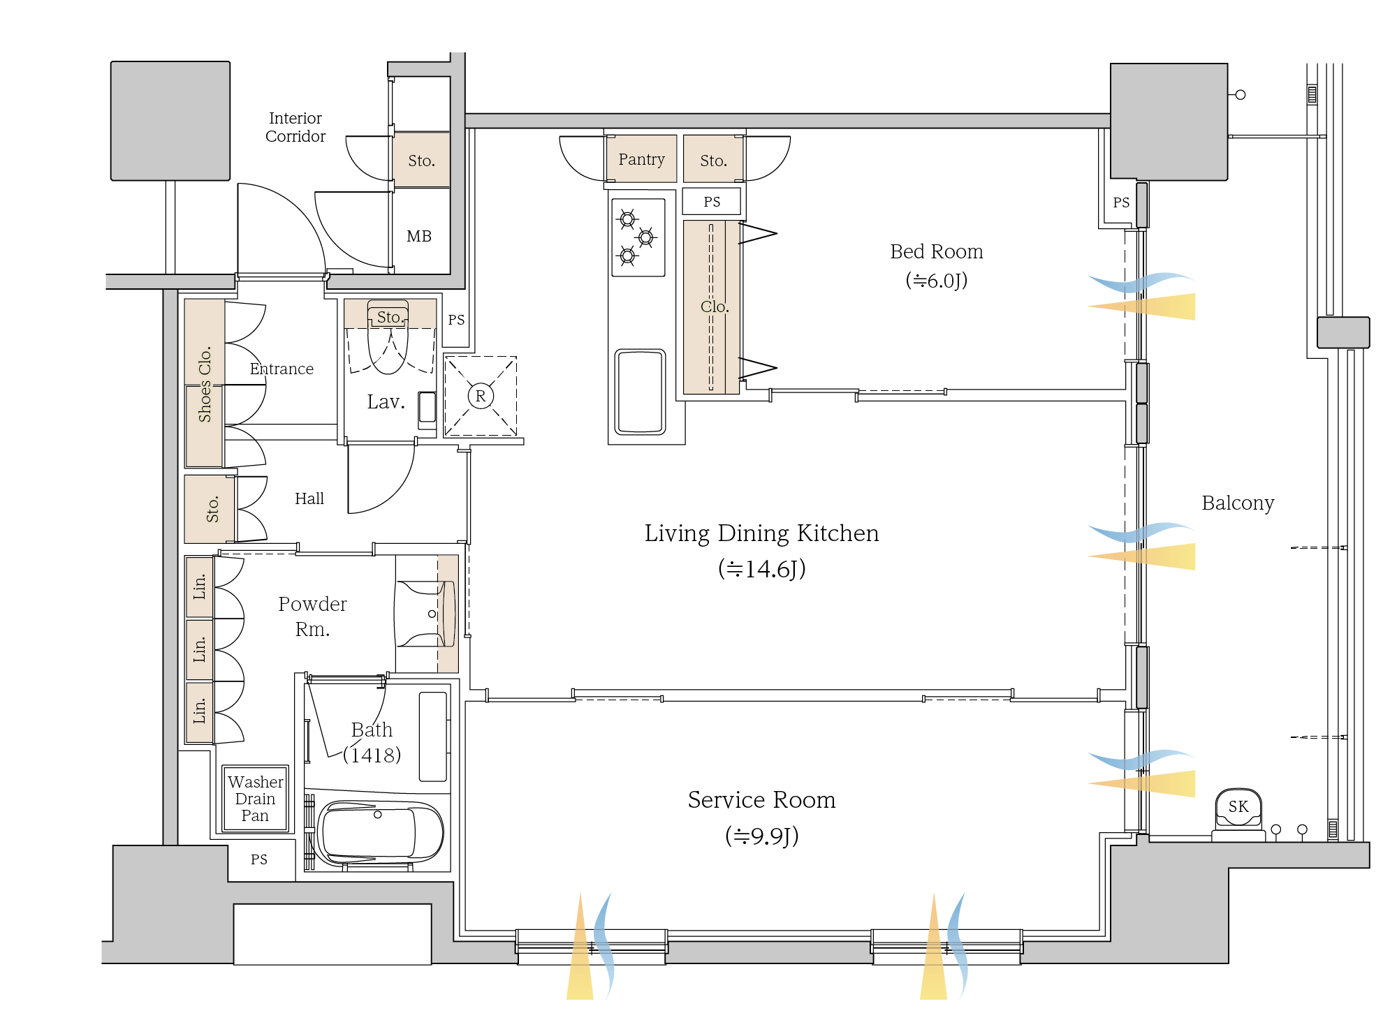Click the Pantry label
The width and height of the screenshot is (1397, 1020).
[x=641, y=159]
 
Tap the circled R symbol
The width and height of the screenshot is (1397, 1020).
[x=481, y=397]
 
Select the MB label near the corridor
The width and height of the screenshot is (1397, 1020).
[x=419, y=236]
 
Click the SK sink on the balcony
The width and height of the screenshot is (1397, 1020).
[x=1238, y=807]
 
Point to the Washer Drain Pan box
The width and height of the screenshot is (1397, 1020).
[x=255, y=799]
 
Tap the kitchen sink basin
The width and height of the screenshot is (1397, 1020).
[x=639, y=392]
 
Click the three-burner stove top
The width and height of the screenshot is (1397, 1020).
[x=638, y=237]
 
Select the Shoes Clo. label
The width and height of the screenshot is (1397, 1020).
[x=205, y=384]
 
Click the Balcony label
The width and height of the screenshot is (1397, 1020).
[x=1238, y=503]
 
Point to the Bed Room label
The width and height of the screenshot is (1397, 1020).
[x=936, y=252]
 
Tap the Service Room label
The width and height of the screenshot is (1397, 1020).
[x=761, y=800]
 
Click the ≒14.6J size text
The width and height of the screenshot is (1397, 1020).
[x=761, y=569]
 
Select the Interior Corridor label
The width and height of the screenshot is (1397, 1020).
[x=295, y=127]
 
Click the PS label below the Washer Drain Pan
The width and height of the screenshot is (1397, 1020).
[x=258, y=859]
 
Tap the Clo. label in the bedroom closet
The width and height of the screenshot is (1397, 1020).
[x=714, y=306]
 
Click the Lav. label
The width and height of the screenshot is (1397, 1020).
[x=386, y=402]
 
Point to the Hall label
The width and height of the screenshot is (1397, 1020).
[x=309, y=498]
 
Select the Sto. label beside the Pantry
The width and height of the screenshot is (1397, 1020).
[x=713, y=161]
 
